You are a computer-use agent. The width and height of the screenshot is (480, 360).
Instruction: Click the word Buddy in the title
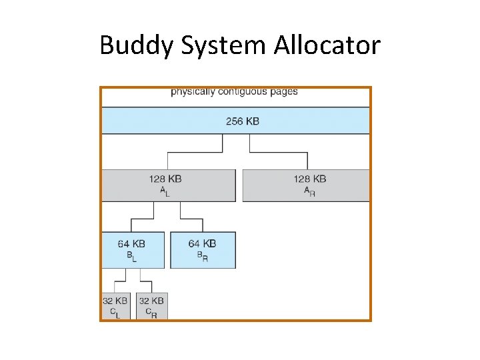tap(134, 45)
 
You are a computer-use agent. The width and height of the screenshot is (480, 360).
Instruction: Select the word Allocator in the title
tap(327, 45)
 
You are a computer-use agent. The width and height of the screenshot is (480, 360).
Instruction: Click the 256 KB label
tap(242, 121)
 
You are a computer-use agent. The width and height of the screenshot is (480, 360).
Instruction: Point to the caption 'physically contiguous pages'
tap(234, 91)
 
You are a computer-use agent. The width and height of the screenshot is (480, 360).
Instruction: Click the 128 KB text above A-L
tap(166, 179)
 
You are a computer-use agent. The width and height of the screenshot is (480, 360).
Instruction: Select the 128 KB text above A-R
tap(309, 179)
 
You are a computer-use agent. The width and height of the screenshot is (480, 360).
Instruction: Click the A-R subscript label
tap(309, 191)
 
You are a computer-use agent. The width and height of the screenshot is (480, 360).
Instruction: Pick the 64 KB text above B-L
tap(131, 243)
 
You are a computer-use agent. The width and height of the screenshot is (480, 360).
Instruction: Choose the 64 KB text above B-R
tap(202, 243)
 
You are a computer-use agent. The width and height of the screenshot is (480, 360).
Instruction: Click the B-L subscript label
tap(131, 256)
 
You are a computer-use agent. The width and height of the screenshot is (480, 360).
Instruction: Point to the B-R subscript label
tap(202, 256)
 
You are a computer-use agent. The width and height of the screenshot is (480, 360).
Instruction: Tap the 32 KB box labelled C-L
tap(115, 305)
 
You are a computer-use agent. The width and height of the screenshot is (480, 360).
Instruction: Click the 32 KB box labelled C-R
tap(152, 305)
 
